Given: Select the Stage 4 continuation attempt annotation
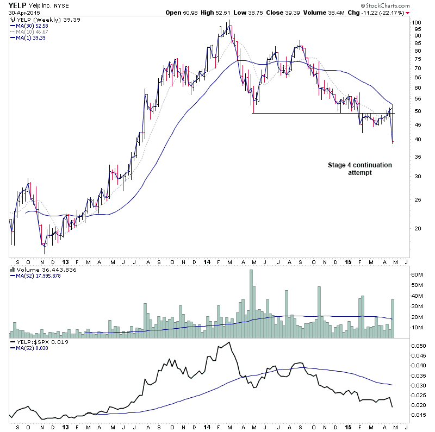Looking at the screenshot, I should [359, 168].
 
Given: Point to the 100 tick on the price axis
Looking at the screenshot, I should [416, 23].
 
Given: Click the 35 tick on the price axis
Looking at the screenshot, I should [415, 156].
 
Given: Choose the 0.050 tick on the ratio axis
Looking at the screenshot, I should [419, 346].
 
